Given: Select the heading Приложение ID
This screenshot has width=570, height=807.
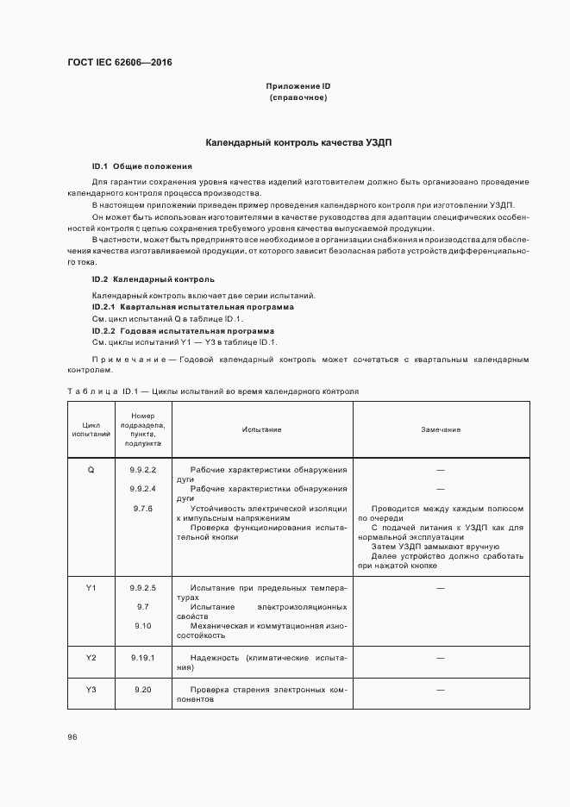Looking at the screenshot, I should [x=298, y=87].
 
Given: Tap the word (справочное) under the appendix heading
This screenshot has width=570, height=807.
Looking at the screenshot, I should [x=298, y=98].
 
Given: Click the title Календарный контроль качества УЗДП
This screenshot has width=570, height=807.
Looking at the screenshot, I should [x=298, y=141].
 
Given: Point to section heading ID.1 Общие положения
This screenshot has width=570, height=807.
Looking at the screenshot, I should [x=141, y=166].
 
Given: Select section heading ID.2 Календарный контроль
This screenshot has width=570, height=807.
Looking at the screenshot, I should [x=153, y=279].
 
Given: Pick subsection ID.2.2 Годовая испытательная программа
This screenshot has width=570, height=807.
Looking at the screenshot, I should [x=183, y=331].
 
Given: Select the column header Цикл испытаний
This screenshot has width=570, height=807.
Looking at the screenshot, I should [x=91, y=429].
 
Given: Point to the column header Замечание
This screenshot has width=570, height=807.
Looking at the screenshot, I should [x=440, y=429].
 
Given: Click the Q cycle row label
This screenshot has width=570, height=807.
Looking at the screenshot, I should [x=91, y=470].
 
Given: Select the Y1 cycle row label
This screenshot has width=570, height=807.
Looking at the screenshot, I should [x=91, y=588].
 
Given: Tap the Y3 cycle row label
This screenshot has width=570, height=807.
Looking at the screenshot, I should [x=91, y=690].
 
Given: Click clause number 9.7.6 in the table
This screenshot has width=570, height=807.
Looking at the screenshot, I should [x=142, y=509].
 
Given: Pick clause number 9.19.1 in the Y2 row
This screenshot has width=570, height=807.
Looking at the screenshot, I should [x=142, y=658].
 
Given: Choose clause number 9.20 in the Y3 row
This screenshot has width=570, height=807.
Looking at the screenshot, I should [x=142, y=690].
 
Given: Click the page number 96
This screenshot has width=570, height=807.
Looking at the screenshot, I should [x=72, y=737].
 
